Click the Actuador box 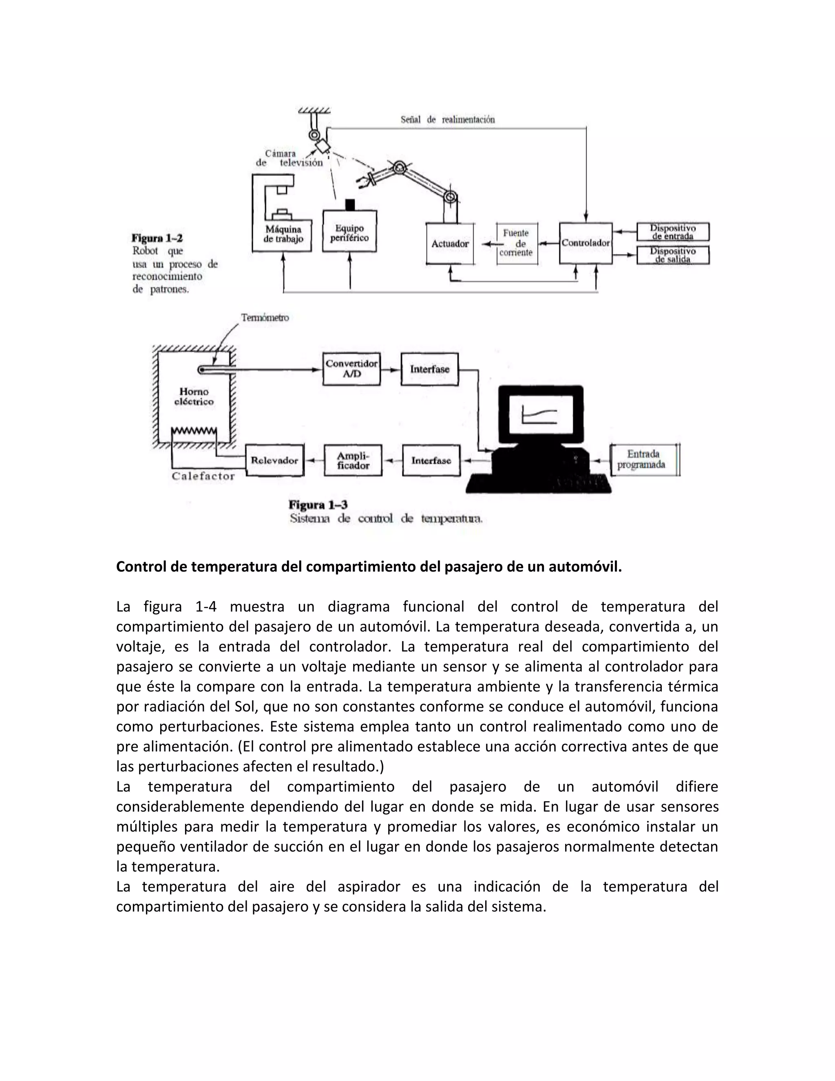450,244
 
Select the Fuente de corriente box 517,243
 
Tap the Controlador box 586,243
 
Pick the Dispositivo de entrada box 672,232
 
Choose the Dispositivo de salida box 672,255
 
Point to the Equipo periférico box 349,232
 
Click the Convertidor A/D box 351,369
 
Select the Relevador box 274,460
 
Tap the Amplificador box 353,460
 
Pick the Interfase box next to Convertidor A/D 429,369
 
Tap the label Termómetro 265,317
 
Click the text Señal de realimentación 447,119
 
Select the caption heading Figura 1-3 318,505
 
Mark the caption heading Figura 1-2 157,238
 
